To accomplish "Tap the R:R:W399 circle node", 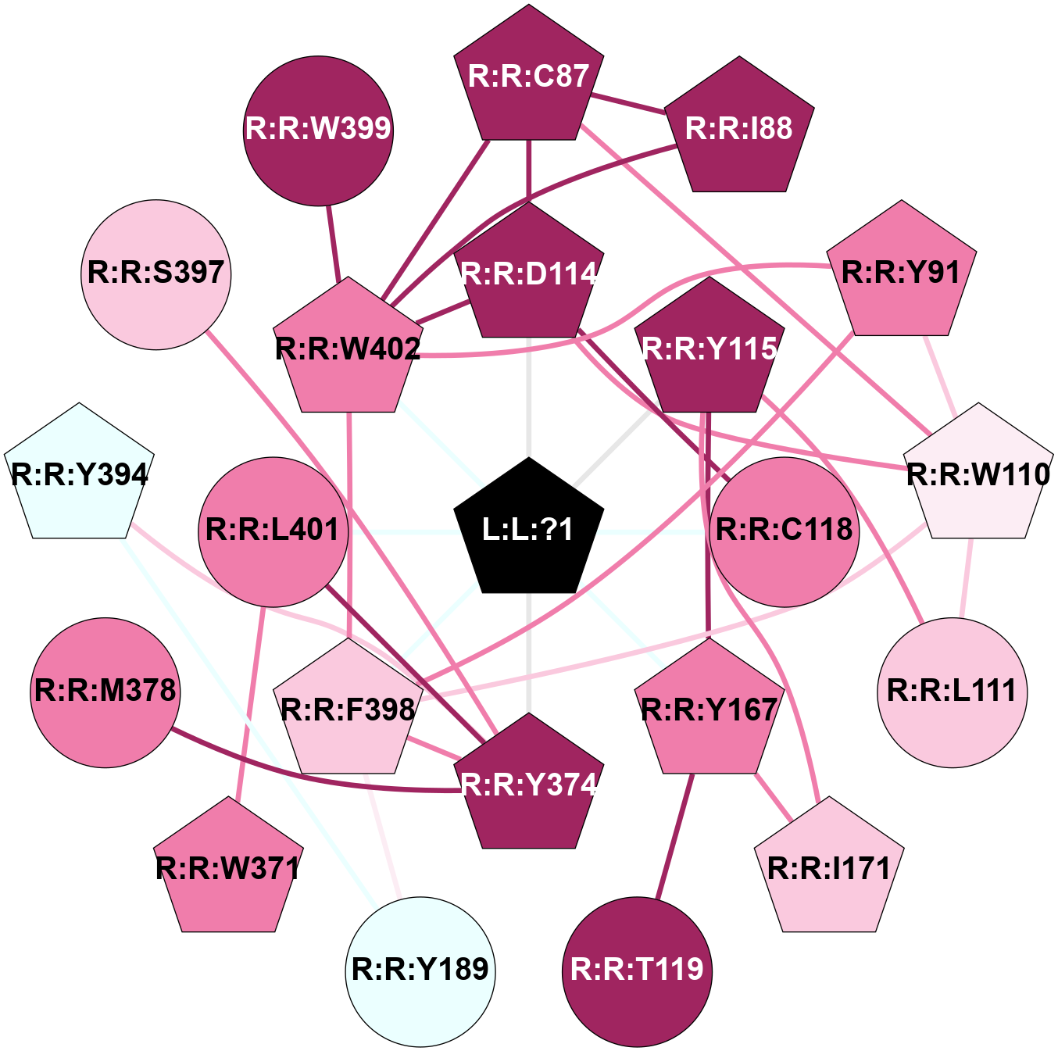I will click(318, 130).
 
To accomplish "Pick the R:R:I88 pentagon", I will click(739, 128).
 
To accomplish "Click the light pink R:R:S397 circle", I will click(156, 274).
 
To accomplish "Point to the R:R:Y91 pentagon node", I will click(901, 273).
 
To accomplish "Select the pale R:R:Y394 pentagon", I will click(79, 474).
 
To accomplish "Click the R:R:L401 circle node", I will click(273, 531).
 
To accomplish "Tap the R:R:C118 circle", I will click(785, 531).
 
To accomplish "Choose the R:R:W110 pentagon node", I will click(978, 474).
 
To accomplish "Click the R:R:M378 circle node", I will click(105, 692).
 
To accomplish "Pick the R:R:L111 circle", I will click(952, 692).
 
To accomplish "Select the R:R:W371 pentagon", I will click(228, 868).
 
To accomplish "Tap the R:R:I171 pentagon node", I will click(829, 868).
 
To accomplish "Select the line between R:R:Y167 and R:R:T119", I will click(674, 836).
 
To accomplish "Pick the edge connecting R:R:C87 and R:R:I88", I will click(628, 105).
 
